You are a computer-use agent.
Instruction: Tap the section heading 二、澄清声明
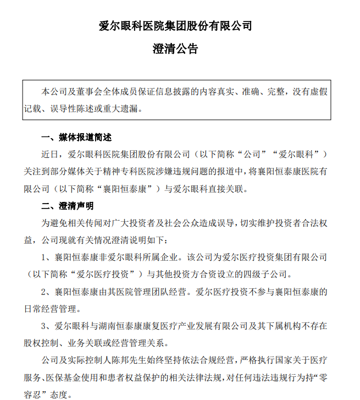coord(68,206)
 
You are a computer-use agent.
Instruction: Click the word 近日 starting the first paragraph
coord(49,154)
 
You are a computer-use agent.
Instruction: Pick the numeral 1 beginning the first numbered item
coord(45,257)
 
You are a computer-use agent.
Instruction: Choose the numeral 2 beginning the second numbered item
coord(45,292)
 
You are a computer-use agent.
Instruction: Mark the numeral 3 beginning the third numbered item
coord(45,326)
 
